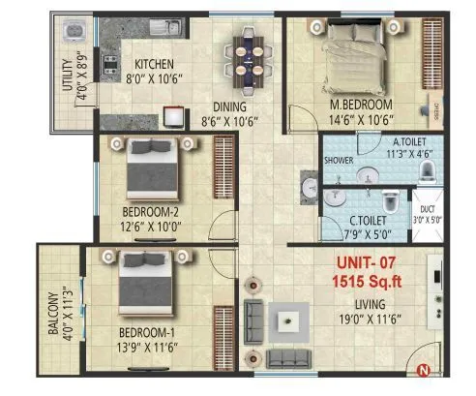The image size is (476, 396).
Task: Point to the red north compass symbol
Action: tap(422, 368)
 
